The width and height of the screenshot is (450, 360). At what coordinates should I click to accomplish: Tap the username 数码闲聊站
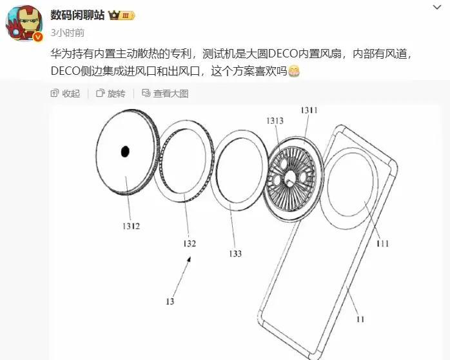click(x=77, y=15)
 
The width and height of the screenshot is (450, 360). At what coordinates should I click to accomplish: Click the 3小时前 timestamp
click(x=67, y=32)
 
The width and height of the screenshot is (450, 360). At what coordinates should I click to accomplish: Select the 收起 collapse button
click(x=66, y=94)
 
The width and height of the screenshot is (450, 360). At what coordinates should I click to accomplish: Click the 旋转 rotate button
click(x=110, y=94)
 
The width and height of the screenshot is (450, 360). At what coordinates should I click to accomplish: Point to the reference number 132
click(x=189, y=243)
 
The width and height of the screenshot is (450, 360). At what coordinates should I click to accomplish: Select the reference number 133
click(x=235, y=254)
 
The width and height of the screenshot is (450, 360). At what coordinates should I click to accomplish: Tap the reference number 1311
click(x=309, y=111)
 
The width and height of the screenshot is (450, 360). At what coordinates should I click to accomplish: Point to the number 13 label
click(x=169, y=301)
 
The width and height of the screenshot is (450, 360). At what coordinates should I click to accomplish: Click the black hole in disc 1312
click(x=124, y=152)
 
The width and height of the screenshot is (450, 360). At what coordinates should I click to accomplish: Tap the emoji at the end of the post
click(x=294, y=72)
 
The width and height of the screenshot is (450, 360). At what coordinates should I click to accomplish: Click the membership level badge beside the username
click(x=121, y=15)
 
